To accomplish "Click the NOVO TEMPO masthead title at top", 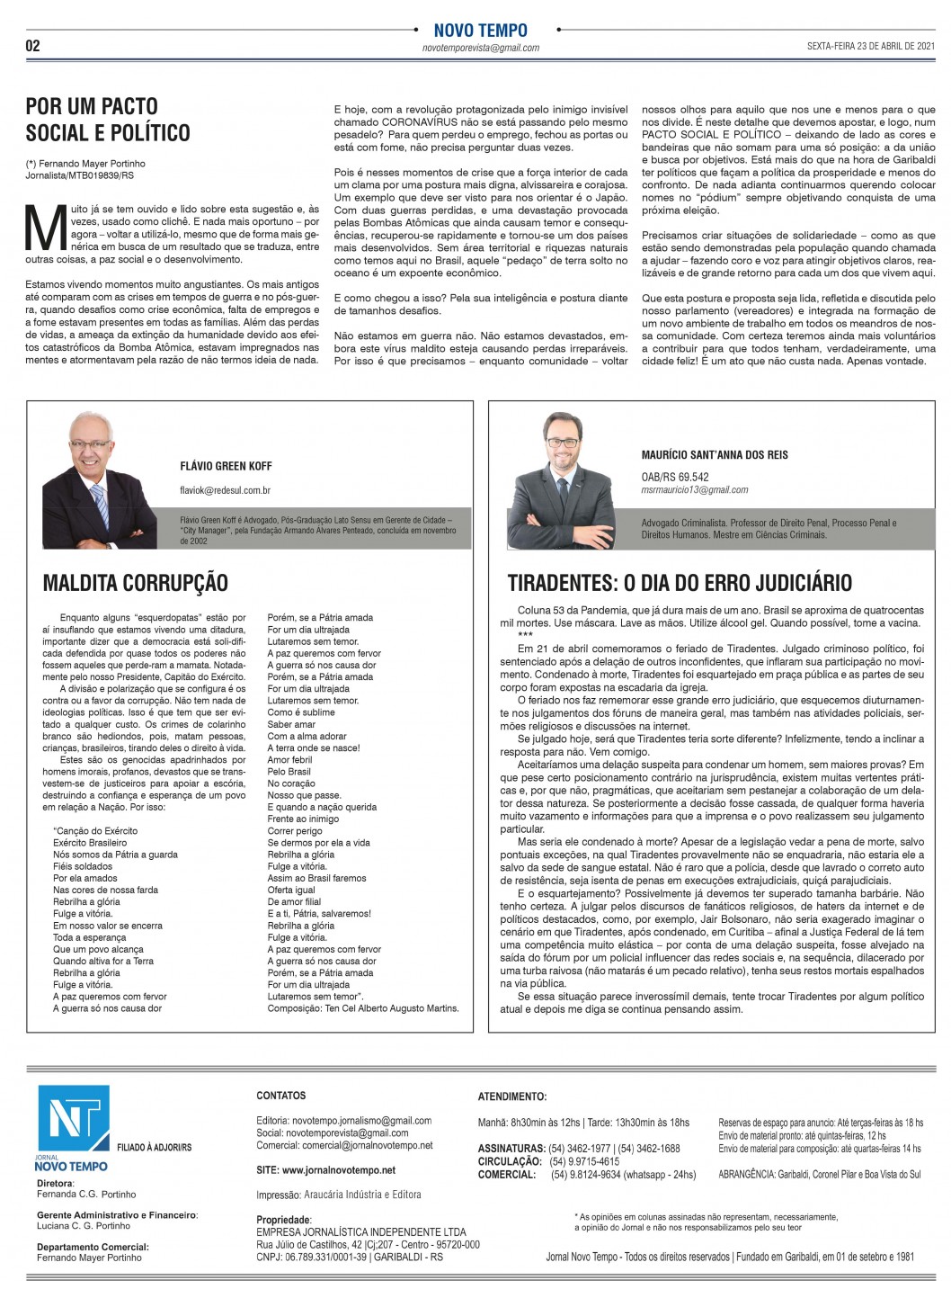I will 480,31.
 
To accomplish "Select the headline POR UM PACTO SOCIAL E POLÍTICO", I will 108,120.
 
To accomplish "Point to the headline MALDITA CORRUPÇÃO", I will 135,583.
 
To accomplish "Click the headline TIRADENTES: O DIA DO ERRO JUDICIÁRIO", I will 680,583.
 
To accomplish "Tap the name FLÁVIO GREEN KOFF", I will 226,466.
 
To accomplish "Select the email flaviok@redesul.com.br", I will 226,490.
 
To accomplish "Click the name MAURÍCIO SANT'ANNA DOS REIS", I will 715,454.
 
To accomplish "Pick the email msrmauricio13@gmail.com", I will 695,490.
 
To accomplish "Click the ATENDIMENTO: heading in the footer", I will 511,1097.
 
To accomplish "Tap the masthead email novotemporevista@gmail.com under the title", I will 480,49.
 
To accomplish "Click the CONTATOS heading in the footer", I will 280,1096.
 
